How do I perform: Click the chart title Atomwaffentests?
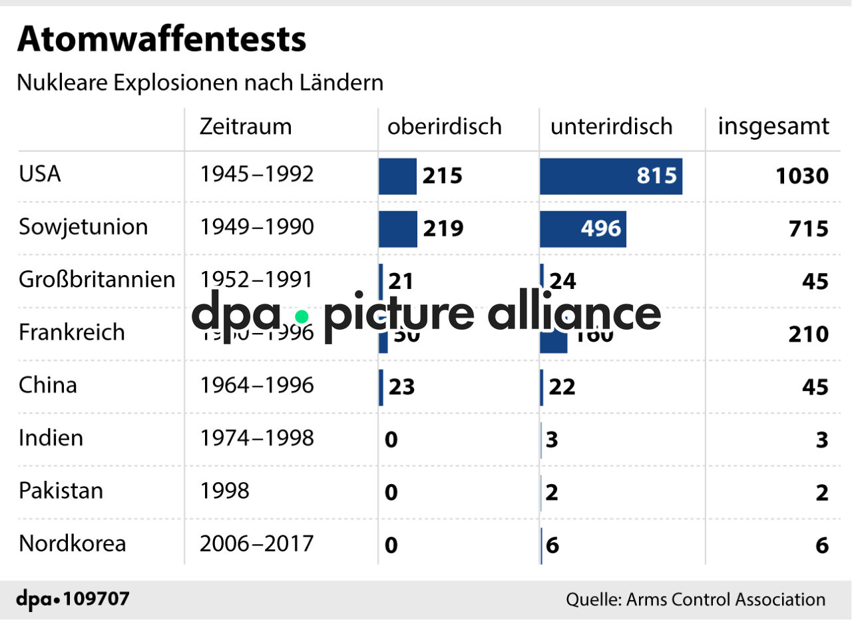(161, 40)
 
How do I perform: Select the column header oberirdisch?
(444, 127)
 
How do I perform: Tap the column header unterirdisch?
(611, 127)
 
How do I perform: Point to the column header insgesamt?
(773, 127)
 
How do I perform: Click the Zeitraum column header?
(246, 127)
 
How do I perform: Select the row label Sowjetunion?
(83, 227)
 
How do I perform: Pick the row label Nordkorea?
(72, 543)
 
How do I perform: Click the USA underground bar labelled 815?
(610, 176)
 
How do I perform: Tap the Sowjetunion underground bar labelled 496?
(582, 228)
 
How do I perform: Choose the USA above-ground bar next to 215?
(397, 176)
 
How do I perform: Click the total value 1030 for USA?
(801, 176)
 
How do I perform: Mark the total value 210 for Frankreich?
(808, 334)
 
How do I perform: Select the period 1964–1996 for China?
(256, 386)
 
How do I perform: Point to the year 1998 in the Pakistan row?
(224, 491)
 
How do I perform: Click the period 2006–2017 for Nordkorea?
(256, 543)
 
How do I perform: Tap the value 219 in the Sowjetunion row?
(443, 229)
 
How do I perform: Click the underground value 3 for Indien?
(552, 440)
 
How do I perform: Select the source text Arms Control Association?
(725, 599)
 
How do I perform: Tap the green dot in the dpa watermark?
(302, 316)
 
